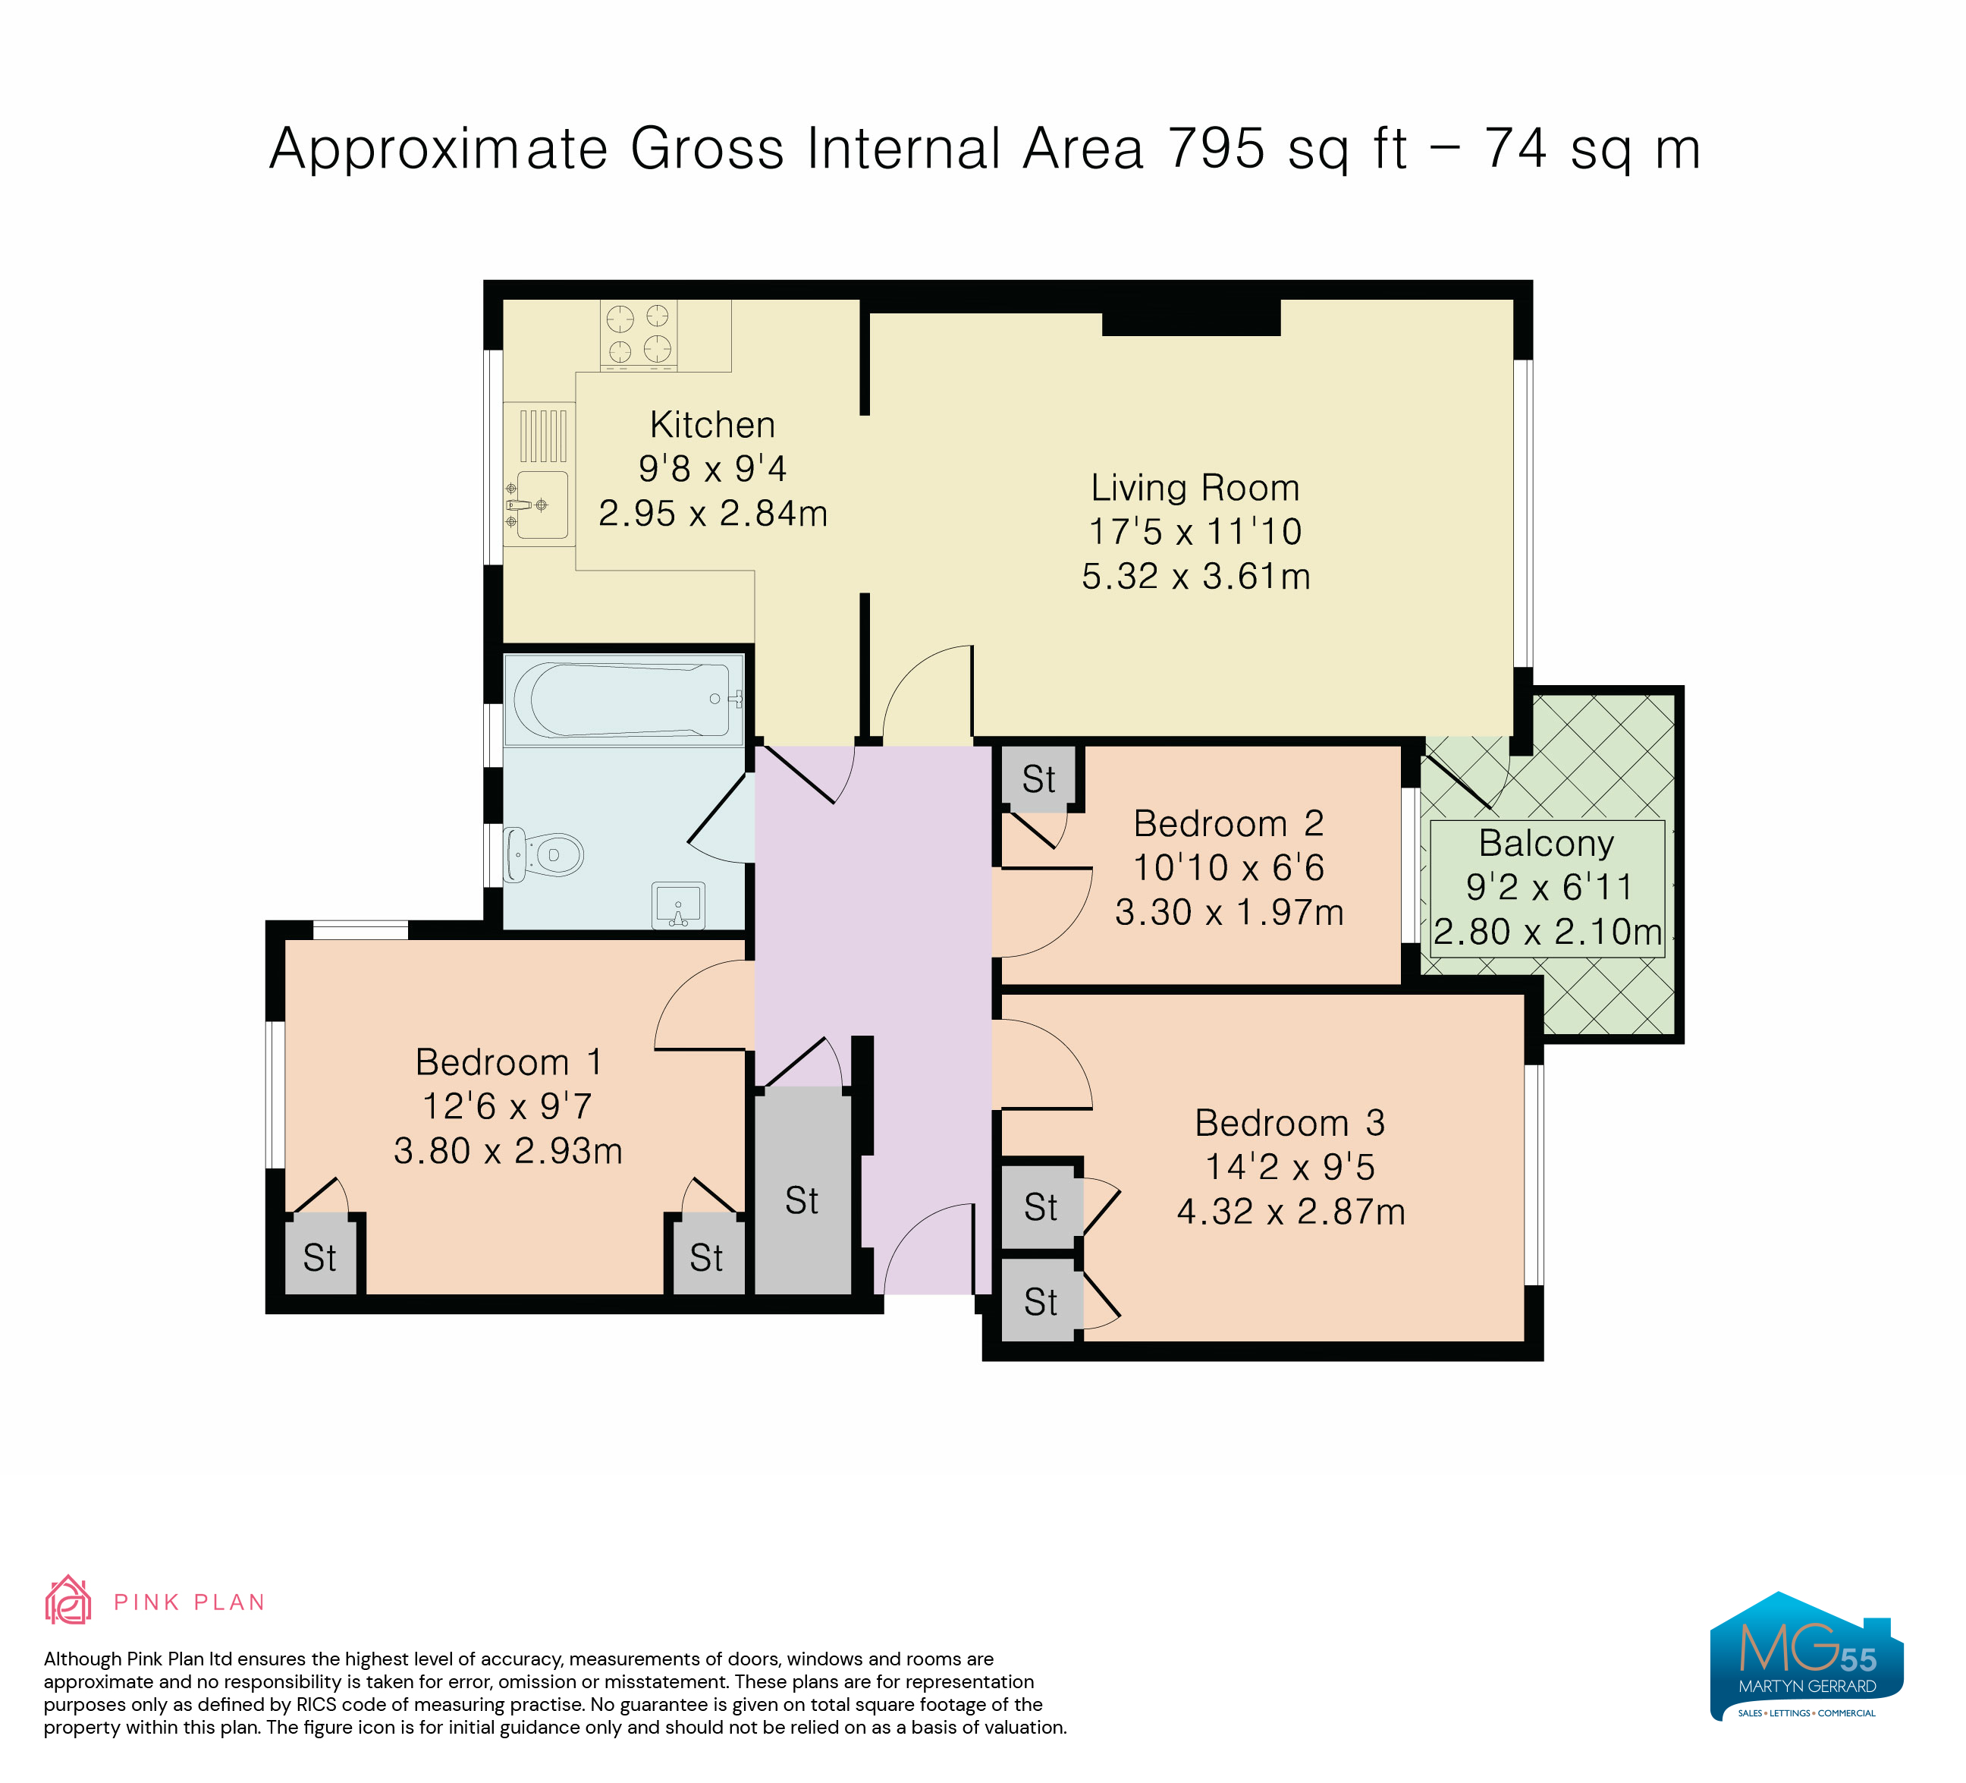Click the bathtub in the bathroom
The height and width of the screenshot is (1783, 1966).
622,700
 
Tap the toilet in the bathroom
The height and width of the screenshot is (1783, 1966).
542,855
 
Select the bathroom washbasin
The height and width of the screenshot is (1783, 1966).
678,906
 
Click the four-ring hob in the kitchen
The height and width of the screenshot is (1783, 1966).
639,334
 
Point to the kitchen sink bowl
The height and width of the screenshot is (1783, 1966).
542,505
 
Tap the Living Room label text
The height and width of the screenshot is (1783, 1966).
1195,488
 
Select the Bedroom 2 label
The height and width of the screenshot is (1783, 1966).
1229,823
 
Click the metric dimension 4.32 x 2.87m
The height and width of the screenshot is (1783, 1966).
1291,1212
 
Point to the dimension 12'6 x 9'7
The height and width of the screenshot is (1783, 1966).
507,1106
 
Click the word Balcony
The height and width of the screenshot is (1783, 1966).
1547,843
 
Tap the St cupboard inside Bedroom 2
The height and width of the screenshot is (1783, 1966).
1038,778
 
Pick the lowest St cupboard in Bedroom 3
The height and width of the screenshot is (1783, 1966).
1041,1302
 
